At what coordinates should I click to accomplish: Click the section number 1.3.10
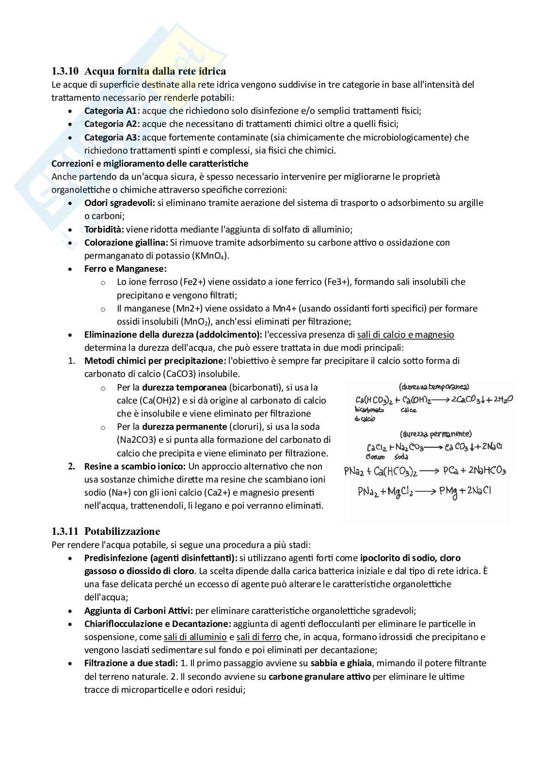[x=65, y=72]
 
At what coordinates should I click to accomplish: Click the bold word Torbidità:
[x=104, y=229]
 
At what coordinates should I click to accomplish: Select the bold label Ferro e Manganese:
[x=125, y=268]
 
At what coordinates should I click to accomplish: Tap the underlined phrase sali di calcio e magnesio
[x=405, y=334]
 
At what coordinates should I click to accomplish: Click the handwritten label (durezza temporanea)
[x=433, y=387]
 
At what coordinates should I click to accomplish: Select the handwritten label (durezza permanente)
[x=435, y=434]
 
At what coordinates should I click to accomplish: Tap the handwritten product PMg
[x=448, y=491]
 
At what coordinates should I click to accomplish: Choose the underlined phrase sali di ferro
[x=259, y=637]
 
